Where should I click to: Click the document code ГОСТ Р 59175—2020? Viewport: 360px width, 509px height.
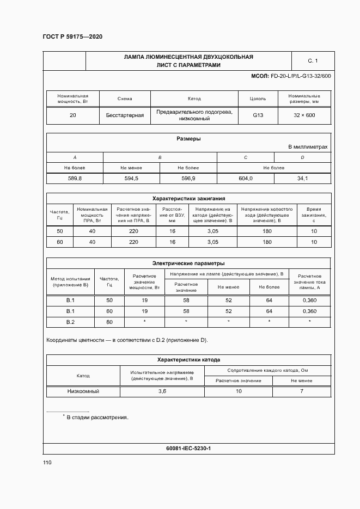72,36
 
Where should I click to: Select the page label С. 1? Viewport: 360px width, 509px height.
313,61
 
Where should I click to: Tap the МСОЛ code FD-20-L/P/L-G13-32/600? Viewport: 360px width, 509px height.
290,76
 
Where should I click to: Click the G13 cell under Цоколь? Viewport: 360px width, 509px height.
258,115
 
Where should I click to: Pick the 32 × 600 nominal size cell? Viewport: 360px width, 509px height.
304,115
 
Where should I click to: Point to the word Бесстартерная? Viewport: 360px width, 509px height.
125,115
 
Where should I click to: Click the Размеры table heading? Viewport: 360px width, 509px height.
188,139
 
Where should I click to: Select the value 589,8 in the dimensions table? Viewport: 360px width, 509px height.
75,179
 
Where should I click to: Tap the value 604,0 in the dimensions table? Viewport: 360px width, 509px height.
246,179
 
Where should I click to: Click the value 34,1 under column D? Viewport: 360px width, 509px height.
302,179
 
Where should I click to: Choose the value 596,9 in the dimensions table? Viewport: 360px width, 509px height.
188,179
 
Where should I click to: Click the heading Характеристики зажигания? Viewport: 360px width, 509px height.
188,199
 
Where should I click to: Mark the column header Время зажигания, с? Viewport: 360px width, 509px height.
314,215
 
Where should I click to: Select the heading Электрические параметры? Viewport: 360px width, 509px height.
188,263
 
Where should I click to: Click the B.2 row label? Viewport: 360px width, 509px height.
70,322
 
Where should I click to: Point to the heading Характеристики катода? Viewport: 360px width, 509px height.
188,360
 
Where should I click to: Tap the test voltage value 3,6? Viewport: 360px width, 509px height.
162,391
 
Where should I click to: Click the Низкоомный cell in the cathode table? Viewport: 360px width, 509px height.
83,391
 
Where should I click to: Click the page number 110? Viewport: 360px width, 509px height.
47,463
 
